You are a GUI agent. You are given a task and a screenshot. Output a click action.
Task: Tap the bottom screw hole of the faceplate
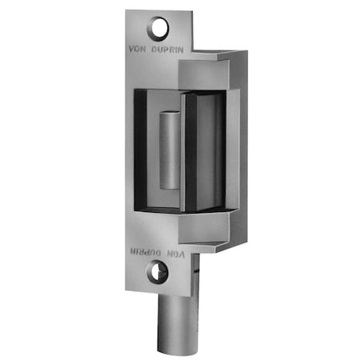[156, 272]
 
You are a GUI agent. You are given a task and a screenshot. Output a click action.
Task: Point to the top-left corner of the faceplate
[127, 12]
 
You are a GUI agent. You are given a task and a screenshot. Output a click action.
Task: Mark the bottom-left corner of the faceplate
[127, 297]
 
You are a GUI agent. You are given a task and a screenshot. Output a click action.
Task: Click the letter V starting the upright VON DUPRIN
[132, 46]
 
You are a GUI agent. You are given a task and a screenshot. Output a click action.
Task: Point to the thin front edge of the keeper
[185, 152]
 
